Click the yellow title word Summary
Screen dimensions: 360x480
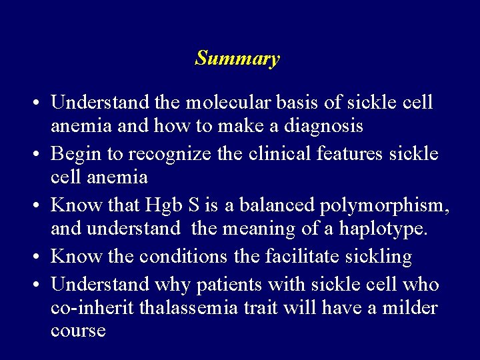click(237, 59)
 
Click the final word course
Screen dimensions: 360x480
click(78, 331)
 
